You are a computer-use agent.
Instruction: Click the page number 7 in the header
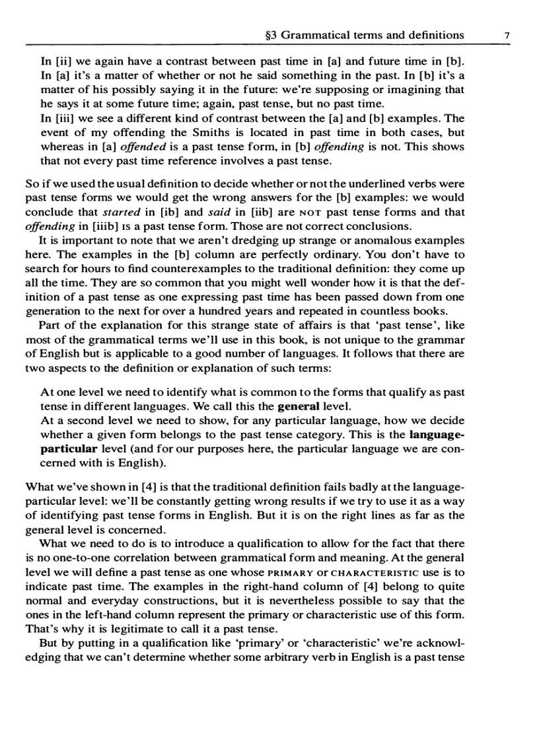506,36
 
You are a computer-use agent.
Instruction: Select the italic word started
123,212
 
